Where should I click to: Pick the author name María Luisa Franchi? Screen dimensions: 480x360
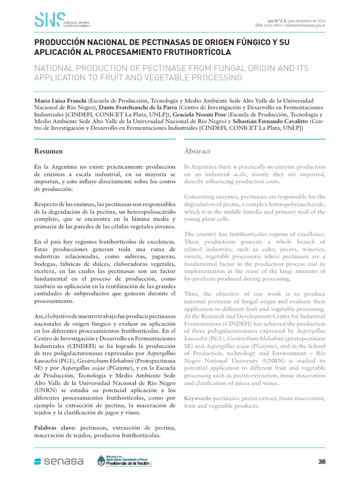click(60, 101)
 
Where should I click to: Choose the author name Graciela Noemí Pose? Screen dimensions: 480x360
click(199, 114)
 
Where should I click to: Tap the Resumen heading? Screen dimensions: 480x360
click(49, 151)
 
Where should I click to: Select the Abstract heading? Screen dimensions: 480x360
click(197, 151)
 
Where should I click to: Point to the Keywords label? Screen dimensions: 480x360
click(197, 398)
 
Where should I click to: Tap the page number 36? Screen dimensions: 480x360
click(322, 462)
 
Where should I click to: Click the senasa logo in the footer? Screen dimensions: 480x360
click(59, 462)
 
